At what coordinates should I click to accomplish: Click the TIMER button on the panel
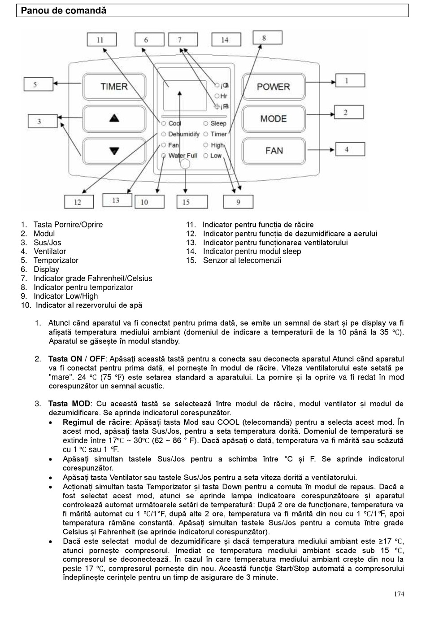114,87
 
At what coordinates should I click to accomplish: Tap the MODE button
273,119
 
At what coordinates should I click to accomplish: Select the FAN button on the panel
274,150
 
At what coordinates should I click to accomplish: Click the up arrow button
114,118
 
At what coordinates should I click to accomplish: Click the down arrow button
114,150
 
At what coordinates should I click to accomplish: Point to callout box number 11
100,40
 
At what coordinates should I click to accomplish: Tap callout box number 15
187,202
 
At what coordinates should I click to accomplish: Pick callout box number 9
238,202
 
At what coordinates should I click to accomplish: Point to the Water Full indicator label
183,156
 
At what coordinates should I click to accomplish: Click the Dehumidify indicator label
183,134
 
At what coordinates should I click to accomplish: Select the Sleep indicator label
218,123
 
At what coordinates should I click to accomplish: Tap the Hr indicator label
224,96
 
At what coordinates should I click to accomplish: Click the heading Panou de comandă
64,11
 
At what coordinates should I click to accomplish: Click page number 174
399,594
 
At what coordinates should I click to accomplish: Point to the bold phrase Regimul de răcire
96,422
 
